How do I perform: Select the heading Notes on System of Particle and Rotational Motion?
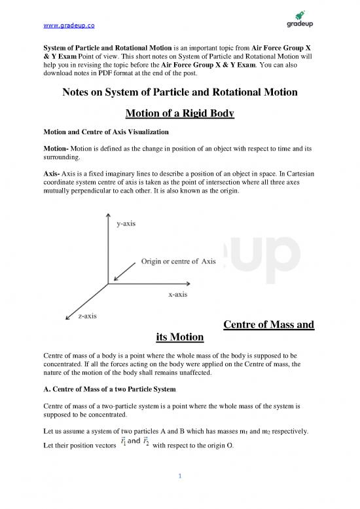pyautogui.click(x=179, y=93)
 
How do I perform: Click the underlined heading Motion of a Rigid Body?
pyautogui.click(x=179, y=115)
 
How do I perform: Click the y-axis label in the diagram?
pyautogui.click(x=127, y=224)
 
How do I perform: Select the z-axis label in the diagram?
pyautogui.click(x=88, y=316)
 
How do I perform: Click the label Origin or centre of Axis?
pyautogui.click(x=179, y=261)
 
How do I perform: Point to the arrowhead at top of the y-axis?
pyautogui.click(x=107, y=216)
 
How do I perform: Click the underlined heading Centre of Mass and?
pyautogui.click(x=268, y=324)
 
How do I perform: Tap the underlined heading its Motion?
pyautogui.click(x=180, y=337)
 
